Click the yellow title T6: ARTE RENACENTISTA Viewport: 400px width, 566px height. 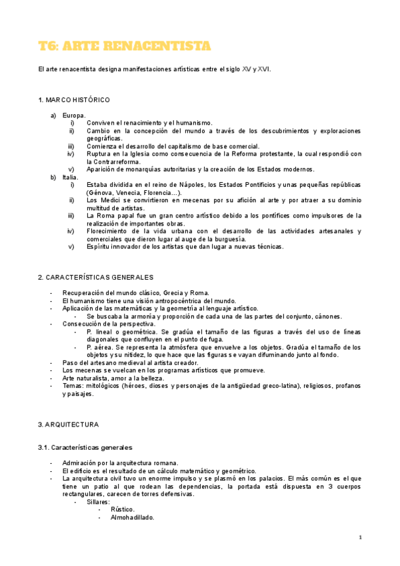tap(125, 45)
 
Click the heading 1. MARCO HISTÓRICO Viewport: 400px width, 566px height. tap(73, 100)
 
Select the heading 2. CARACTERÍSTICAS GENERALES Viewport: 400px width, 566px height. tap(95, 277)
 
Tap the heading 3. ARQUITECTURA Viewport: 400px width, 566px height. tap(68, 425)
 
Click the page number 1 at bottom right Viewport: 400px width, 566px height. tap(360, 537)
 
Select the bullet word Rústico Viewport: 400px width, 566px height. tap(123, 509)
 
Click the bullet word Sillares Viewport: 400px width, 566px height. tap(98, 501)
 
